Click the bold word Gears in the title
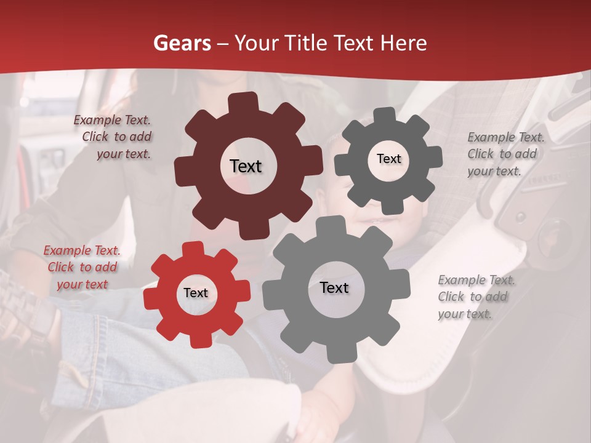pyautogui.click(x=182, y=43)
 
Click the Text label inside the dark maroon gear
pyautogui.click(x=246, y=166)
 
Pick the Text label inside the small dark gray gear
pyautogui.click(x=388, y=159)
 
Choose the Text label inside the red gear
pyautogui.click(x=196, y=293)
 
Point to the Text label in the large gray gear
pyautogui.click(x=334, y=287)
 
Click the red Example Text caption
pyautogui.click(x=82, y=268)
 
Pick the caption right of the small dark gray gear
pyautogui.click(x=505, y=154)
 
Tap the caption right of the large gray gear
pyautogui.click(x=476, y=297)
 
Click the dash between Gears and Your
pyautogui.click(x=224, y=43)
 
